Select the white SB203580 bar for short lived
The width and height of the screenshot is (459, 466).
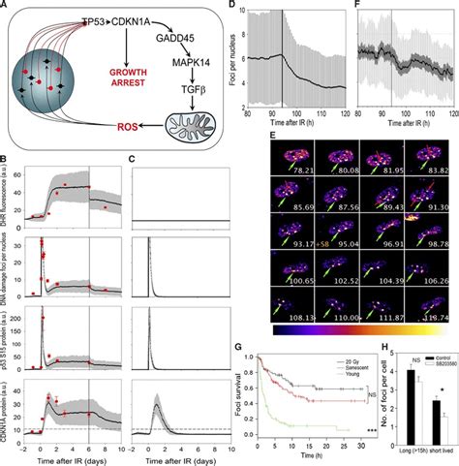(442, 430)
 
